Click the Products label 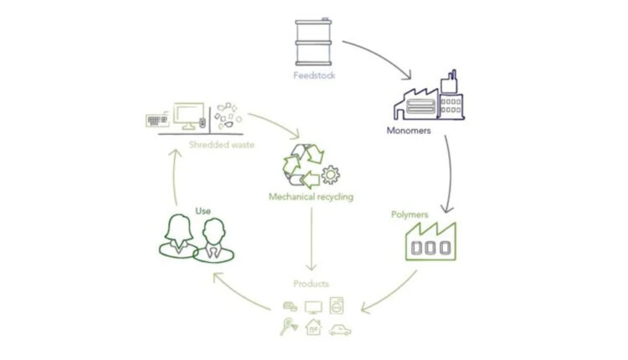coord(311,284)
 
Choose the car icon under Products coord(340,329)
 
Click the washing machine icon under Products coord(338,305)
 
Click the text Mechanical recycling coord(311,197)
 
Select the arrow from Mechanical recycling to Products coord(311,239)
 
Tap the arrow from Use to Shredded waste coord(174,180)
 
